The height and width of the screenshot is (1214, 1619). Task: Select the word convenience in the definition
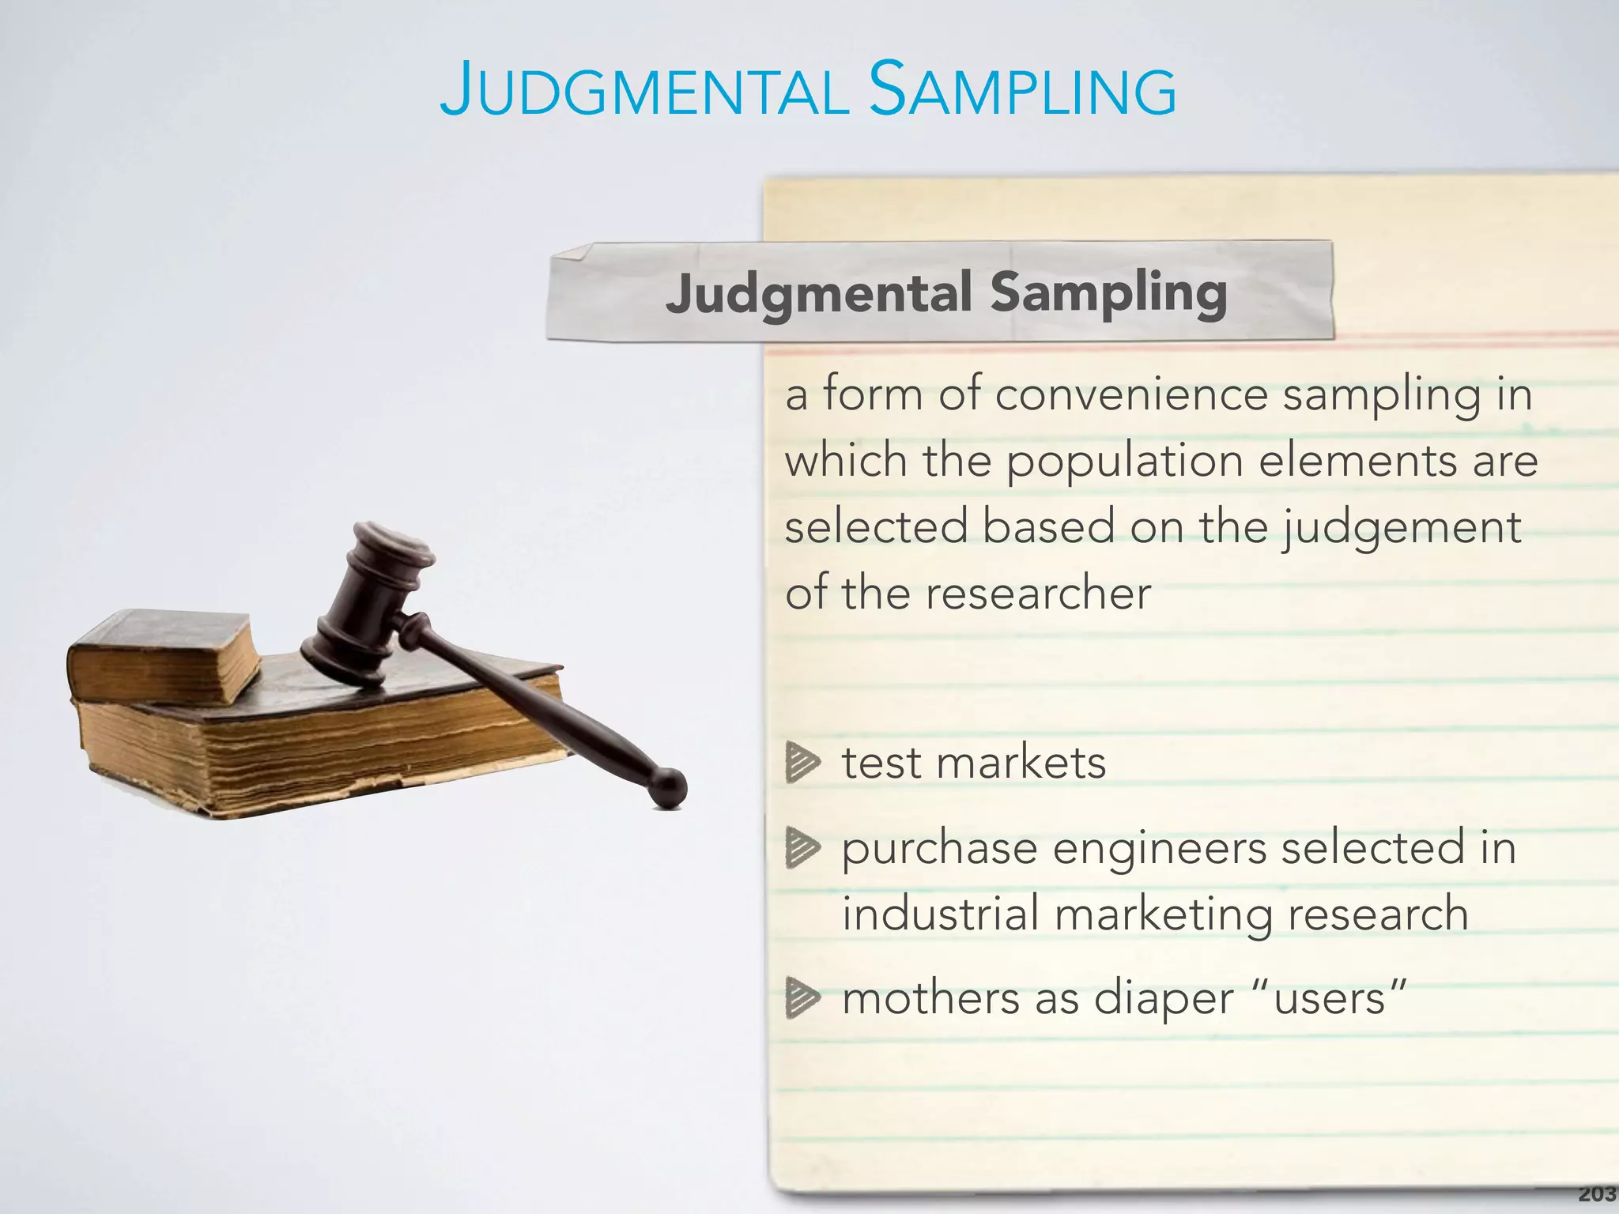click(x=1131, y=394)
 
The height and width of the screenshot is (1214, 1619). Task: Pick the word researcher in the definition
click(x=1037, y=593)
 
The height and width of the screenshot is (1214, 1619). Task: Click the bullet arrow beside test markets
click(x=802, y=763)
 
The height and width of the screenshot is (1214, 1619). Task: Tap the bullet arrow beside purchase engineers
click(x=802, y=850)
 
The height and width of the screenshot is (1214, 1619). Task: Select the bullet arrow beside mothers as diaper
click(x=802, y=998)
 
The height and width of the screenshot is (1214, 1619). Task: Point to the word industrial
click(x=940, y=914)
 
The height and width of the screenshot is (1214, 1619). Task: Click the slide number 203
click(x=1597, y=1194)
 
